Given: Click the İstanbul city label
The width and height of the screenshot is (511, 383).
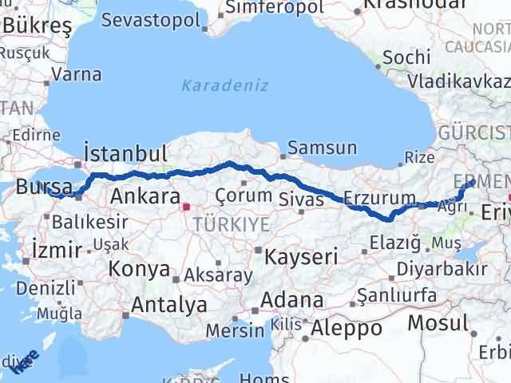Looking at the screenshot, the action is pos(125,154).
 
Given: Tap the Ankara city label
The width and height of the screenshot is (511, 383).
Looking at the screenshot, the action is pos(145,196).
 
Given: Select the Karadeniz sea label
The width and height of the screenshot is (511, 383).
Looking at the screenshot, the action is pos(224,85).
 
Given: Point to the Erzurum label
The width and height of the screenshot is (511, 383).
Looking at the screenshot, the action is pos(379,198).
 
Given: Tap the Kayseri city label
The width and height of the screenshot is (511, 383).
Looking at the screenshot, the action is pos(301,257).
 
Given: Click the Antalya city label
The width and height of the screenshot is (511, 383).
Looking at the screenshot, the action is pos(168,304).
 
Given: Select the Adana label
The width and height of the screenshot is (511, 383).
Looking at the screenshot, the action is pos(295,301).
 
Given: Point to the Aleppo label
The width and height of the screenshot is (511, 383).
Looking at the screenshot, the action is pos(347,327).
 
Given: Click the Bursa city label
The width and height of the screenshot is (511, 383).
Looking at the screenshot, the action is pos(39,189).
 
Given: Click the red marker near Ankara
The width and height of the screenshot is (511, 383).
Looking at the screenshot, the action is pos(186,207).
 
